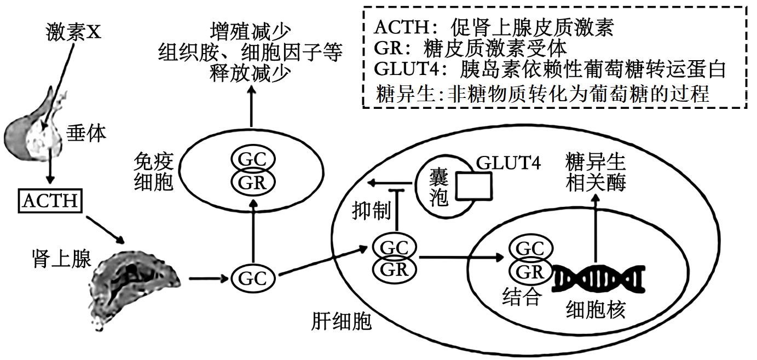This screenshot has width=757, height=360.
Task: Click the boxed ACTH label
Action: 51,201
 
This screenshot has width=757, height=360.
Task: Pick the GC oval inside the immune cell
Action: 253,160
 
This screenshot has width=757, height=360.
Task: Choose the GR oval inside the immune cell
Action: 253,183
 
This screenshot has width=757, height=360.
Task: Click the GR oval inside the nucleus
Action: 530,271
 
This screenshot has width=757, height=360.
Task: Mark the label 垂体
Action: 86,133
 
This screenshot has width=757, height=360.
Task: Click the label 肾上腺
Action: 61,258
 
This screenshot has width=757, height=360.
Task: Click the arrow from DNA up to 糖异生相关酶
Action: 596,230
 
